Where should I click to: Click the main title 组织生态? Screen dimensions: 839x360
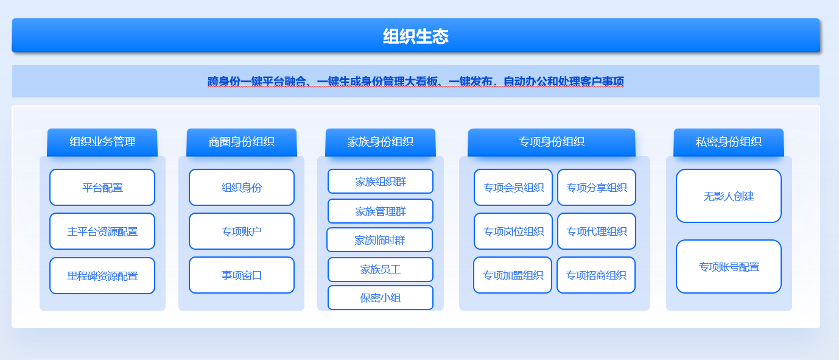tap(416, 37)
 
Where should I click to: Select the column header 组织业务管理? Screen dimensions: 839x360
tap(102, 142)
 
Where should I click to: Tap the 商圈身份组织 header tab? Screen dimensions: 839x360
tap(242, 142)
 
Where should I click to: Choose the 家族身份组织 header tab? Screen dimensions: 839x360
tap(381, 142)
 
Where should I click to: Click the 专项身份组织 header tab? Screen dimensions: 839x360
tap(552, 142)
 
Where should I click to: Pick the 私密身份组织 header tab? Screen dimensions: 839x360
tap(729, 142)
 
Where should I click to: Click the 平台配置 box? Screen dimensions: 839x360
tap(102, 187)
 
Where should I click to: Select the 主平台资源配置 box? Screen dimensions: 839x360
tap(102, 231)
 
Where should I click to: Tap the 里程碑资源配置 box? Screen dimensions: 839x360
tap(102, 276)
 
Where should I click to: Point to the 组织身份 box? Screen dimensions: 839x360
tap(242, 187)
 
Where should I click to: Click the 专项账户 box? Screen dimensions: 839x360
tap(242, 231)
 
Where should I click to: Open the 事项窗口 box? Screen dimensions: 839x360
tap(242, 275)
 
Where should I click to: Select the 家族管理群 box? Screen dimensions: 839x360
tap(381, 211)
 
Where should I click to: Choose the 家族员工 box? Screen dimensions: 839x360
tap(381, 269)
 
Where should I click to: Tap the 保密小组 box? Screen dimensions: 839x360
tap(381, 298)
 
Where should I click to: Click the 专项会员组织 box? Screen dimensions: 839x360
tap(513, 187)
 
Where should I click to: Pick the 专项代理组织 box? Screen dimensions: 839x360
tap(597, 231)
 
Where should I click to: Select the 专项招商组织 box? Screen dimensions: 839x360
tap(596, 275)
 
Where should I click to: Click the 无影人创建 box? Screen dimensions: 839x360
tap(729, 196)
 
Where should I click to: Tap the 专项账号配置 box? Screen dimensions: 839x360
tap(729, 266)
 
